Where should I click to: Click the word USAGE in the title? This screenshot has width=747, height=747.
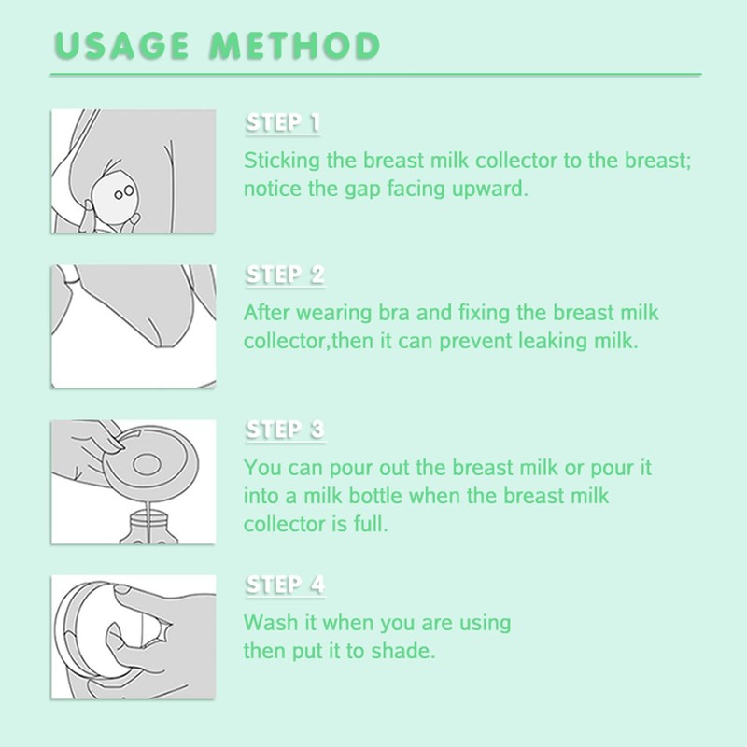(x=121, y=46)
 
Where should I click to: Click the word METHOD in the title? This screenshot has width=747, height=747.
(x=295, y=46)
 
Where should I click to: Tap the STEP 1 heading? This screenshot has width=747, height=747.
(x=283, y=123)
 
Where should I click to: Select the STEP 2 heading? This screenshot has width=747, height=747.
(x=285, y=275)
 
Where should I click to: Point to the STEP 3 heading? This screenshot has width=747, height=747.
(x=285, y=430)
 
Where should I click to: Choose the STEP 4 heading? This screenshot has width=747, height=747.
(x=285, y=585)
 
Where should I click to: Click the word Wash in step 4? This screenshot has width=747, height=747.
(x=271, y=623)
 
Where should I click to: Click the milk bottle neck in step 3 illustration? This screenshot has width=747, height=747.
(x=148, y=518)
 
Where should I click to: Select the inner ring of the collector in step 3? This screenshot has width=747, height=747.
(x=147, y=465)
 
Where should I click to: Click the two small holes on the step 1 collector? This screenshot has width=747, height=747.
(x=123, y=193)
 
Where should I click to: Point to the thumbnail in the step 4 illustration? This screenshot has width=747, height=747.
(x=122, y=590)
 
